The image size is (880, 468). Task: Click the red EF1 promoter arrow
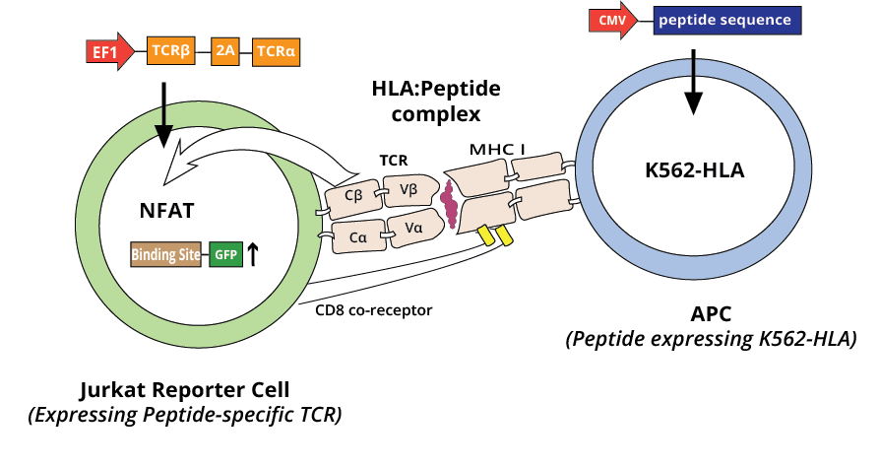click(x=109, y=50)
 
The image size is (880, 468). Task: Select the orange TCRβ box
click(x=169, y=50)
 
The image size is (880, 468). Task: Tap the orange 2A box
click(x=226, y=50)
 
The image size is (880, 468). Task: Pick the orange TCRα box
click(x=278, y=50)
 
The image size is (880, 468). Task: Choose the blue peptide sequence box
click(x=725, y=20)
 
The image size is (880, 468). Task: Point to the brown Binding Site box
click(x=165, y=254)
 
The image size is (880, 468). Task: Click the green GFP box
click(x=223, y=254)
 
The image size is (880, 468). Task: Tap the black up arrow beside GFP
click(x=253, y=254)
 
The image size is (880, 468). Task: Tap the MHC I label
click(x=496, y=148)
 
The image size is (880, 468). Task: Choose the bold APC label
click(x=711, y=314)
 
